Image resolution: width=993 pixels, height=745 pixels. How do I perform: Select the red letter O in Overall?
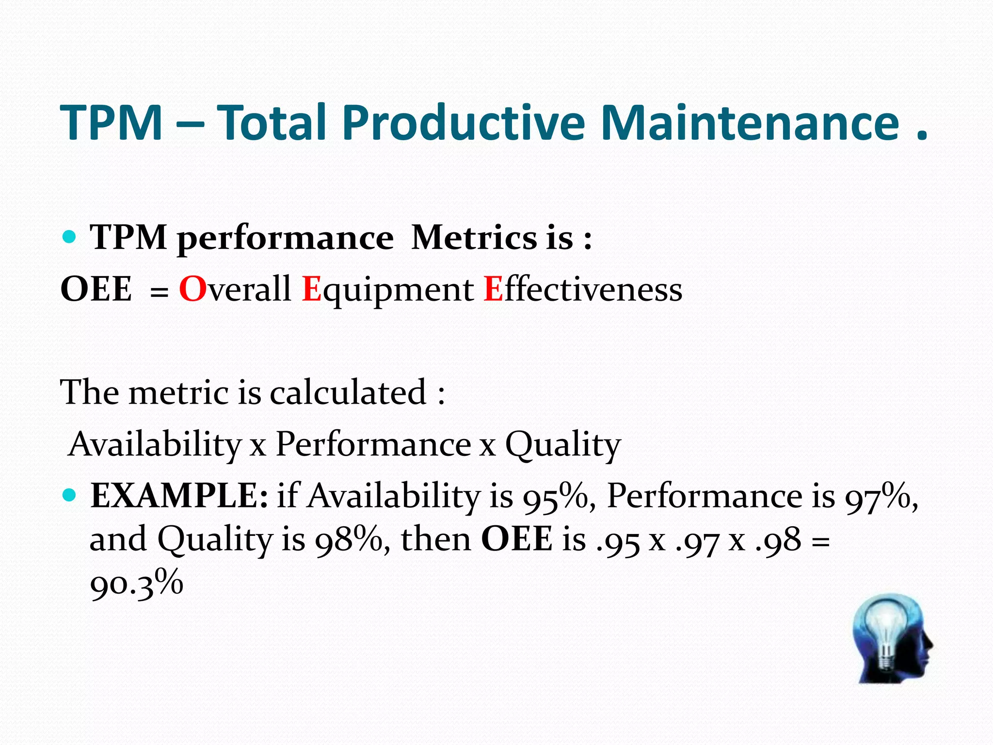(192, 289)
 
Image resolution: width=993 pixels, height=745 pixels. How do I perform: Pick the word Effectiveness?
(582, 289)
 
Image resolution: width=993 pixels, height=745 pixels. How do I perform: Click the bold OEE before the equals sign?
(96, 289)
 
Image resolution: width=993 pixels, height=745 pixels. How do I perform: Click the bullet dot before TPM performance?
(70, 237)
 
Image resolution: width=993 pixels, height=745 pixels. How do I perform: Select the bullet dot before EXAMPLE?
(70, 495)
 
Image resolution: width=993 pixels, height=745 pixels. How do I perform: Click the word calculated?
(348, 392)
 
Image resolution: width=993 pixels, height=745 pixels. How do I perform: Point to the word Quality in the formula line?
(562, 444)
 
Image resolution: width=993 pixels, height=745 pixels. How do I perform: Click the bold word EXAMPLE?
(179, 496)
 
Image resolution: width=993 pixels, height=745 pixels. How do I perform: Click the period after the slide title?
(921, 137)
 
